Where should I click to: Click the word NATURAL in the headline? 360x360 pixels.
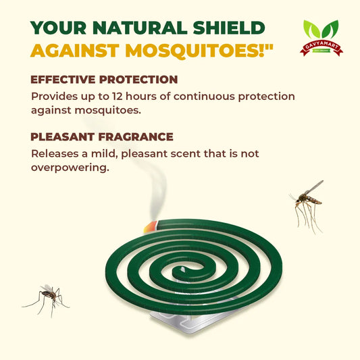[141, 28]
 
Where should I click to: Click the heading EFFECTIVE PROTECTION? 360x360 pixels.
[104, 80]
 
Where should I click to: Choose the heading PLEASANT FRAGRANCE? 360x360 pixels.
[102, 137]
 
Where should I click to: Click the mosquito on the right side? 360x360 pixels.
[307, 201]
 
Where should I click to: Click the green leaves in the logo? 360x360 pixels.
[320, 30]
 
